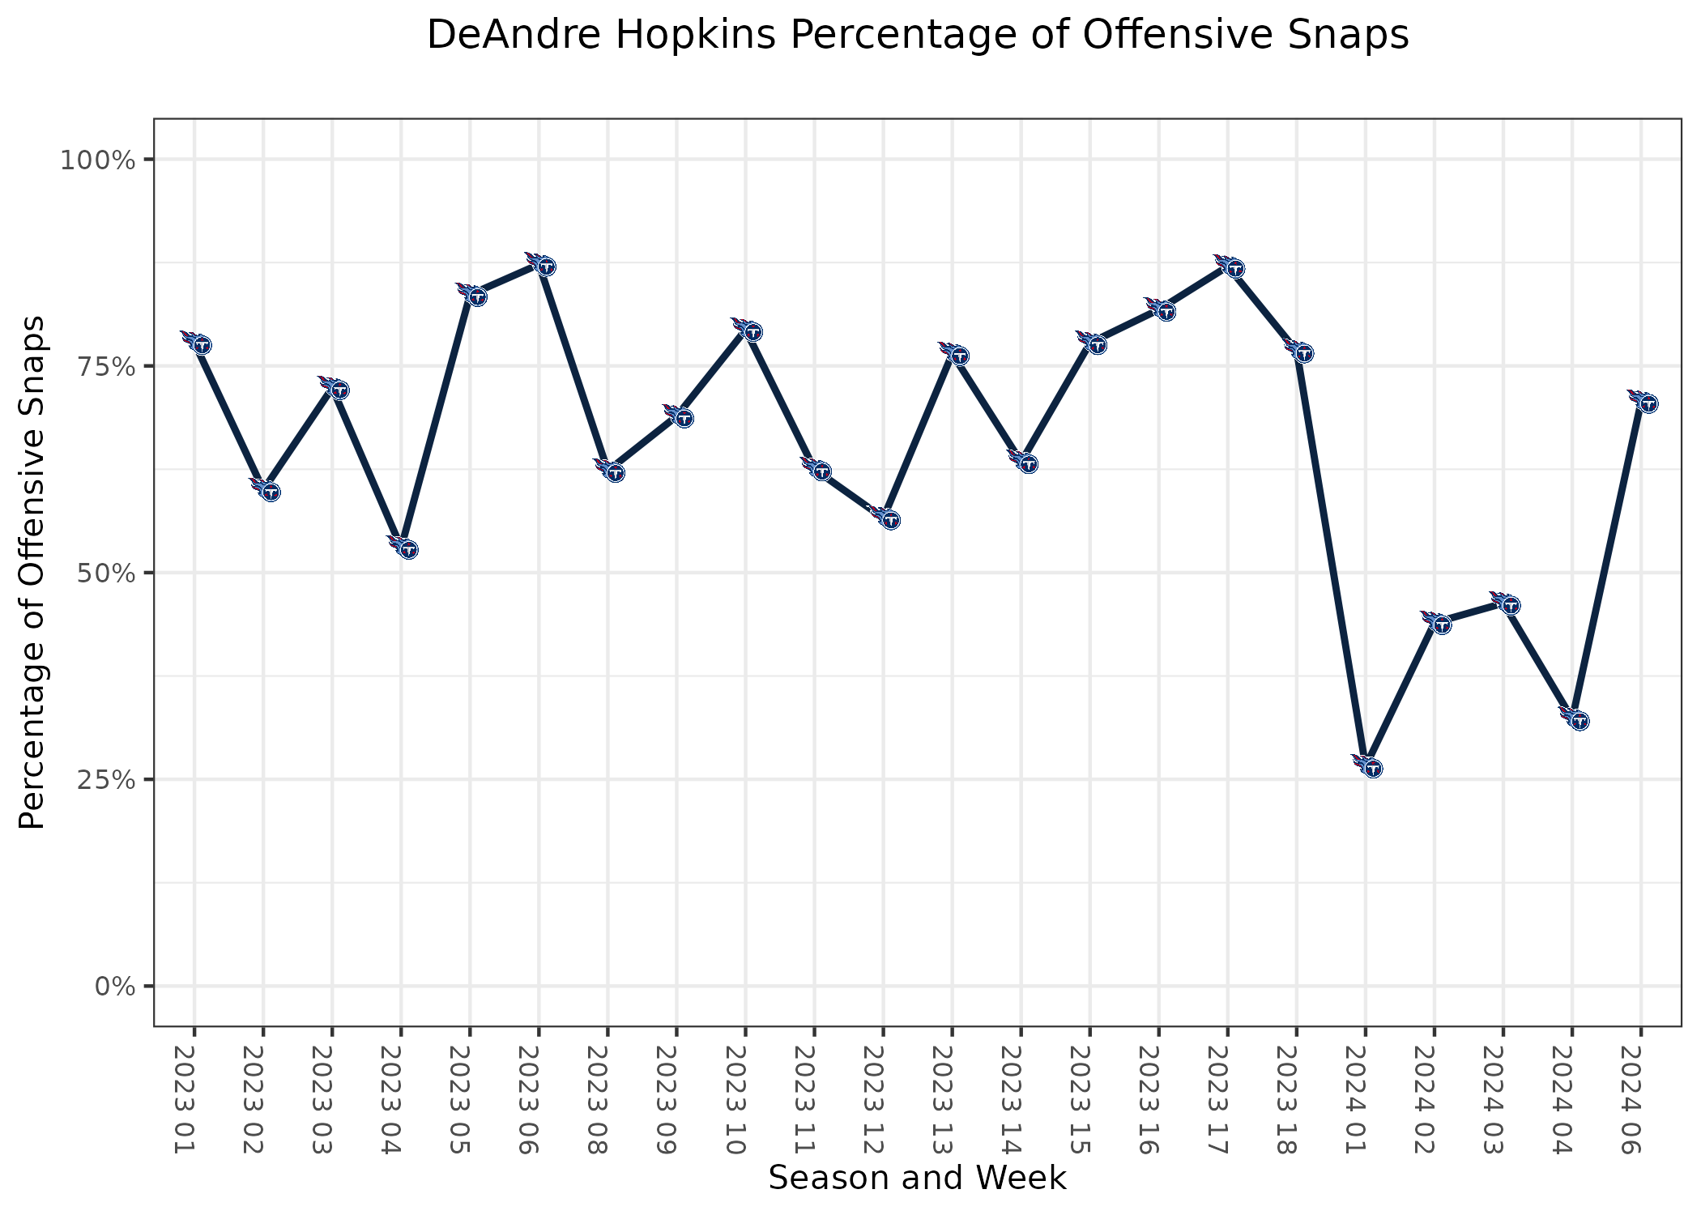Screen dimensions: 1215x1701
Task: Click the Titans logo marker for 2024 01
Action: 1366,765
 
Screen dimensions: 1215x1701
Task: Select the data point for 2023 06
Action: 540,264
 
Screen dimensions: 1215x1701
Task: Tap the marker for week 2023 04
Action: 403,548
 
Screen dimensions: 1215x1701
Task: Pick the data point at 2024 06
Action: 1642,401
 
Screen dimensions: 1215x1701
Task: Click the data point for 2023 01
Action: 196,343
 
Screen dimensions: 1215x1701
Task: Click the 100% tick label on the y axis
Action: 97,160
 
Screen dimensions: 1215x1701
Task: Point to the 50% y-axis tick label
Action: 104,573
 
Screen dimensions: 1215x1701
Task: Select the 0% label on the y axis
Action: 113,987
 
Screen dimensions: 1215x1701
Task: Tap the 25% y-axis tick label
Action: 104,780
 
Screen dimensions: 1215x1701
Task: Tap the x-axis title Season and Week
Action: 917,1179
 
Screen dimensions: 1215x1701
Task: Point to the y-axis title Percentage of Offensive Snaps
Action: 32,573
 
